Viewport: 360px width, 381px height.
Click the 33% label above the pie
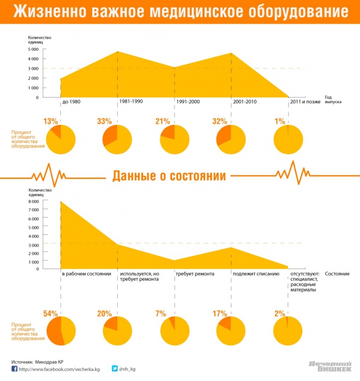tap(104, 121)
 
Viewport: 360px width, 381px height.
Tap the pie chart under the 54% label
tap(61, 331)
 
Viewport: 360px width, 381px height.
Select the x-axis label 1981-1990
tap(131, 101)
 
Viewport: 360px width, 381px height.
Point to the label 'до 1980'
tap(72, 102)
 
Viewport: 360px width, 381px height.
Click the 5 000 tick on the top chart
tap(33, 49)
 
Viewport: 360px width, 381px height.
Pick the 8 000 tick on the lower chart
tap(33, 202)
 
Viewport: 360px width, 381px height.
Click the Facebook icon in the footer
tap(14, 369)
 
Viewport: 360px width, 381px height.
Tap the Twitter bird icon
tap(115, 369)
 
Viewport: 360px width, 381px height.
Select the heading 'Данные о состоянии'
tap(169, 176)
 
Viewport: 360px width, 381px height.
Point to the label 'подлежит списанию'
tap(253, 273)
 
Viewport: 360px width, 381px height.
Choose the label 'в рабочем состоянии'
tap(86, 273)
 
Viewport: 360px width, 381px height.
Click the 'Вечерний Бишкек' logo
tap(330, 367)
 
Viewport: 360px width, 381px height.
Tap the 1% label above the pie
tap(280, 121)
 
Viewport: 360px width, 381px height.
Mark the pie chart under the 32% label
tap(231, 139)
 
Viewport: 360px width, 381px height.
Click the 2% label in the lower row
tap(280, 314)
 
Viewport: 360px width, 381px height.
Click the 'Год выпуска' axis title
tap(333, 99)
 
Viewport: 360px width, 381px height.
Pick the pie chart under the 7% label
tap(175, 331)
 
